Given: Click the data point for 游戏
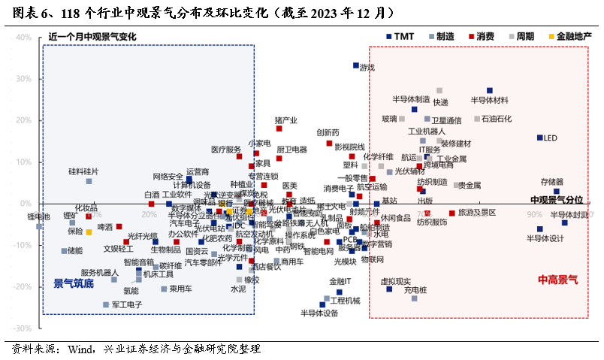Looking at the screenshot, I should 356,65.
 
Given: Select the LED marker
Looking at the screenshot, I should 539,138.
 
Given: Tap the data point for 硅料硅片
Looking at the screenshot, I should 89,181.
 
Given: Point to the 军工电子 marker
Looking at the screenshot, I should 106,304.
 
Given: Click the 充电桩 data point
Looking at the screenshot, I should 414,298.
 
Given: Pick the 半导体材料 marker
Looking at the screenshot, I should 490,90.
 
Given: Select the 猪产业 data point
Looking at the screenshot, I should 279,129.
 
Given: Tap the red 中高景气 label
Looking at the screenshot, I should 557,280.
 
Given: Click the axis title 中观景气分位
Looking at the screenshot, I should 557,199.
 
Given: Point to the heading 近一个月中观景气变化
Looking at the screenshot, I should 92,36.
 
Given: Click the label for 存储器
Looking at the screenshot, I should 552,181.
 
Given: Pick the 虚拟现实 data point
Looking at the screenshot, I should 389,289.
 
